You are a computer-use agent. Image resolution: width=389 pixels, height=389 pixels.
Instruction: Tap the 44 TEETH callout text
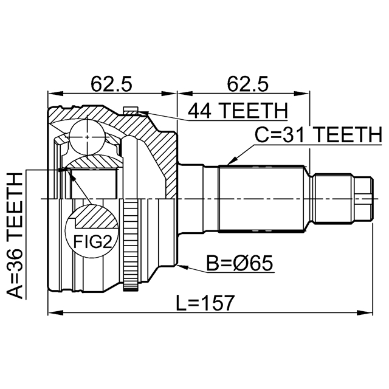(x=237, y=111)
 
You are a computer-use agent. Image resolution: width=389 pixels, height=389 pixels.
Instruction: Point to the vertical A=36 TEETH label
(x=16, y=234)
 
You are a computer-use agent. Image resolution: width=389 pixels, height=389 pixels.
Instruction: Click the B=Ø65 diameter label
(x=240, y=264)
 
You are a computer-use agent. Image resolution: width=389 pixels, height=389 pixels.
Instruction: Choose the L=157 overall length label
(x=201, y=303)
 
